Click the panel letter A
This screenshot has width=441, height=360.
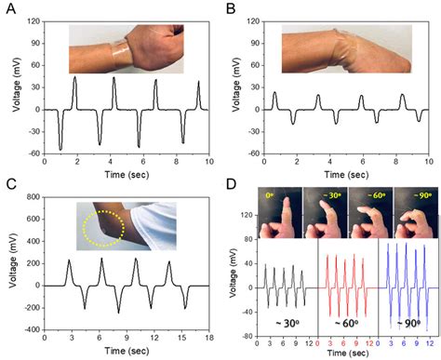[7, 8]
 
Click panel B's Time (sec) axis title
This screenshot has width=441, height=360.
[341, 175]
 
